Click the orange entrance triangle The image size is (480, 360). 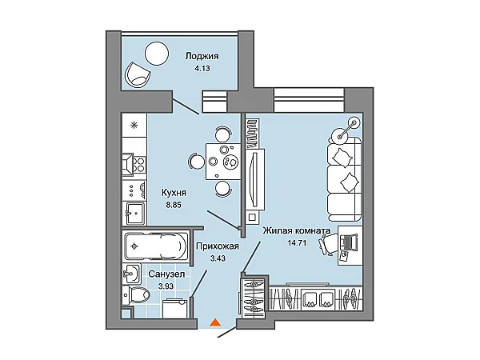[216, 322]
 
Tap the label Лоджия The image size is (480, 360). [202, 56]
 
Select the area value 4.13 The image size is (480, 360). [202, 68]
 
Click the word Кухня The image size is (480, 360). [174, 193]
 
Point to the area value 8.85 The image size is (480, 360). [174, 205]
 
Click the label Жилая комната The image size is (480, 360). [297, 230]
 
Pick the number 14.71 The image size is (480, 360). [297, 243]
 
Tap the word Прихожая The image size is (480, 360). [218, 246]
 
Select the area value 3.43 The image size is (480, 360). [218, 258]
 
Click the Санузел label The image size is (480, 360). [166, 274]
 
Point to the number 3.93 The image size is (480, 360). [166, 286]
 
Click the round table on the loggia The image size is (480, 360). [157, 54]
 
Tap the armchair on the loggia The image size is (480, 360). [138, 75]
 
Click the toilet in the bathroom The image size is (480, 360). [136, 295]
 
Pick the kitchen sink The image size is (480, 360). [134, 214]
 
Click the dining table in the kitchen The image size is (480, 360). [223, 161]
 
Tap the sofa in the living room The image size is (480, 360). [345, 179]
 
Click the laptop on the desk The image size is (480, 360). [348, 242]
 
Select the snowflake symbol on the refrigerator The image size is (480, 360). [134, 125]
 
